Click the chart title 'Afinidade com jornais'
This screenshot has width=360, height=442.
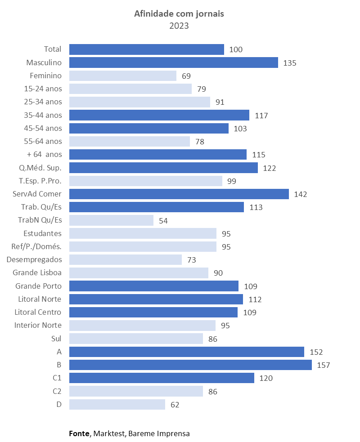click(179, 14)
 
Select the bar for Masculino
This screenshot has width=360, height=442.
click(173, 63)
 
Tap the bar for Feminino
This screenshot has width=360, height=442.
click(122, 76)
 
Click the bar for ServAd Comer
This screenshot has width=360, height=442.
click(179, 194)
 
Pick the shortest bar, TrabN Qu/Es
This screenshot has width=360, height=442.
click(111, 220)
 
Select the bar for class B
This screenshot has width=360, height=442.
click(190, 365)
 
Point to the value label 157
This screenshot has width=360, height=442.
click(323, 365)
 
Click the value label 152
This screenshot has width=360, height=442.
click(316, 352)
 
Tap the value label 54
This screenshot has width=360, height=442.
click(163, 221)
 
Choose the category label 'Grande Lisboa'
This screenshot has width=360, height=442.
click(37, 272)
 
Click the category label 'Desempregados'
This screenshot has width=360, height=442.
click(34, 259)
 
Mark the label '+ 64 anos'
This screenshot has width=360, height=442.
click(44, 154)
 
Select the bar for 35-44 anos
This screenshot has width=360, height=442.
click(159, 115)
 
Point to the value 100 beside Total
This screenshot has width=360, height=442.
click(236, 49)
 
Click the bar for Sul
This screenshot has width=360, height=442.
click(136, 339)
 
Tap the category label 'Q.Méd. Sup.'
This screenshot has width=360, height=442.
click(40, 168)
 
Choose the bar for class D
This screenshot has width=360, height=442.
click(117, 404)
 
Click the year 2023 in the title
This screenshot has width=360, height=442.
click(179, 26)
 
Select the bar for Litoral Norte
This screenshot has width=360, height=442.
click(156, 299)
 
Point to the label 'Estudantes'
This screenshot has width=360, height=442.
click(42, 233)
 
